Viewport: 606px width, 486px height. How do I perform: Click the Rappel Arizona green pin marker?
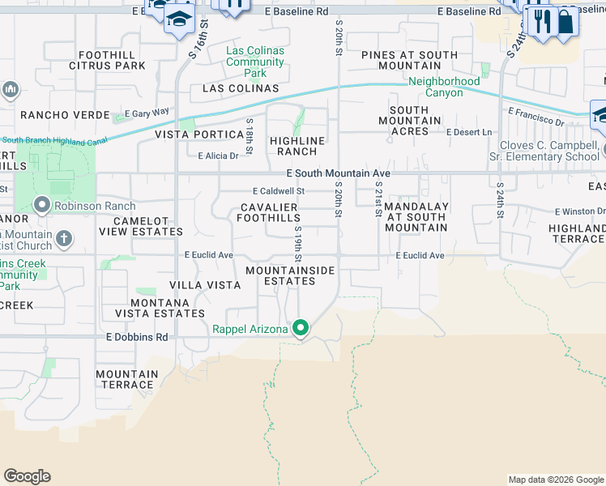[x=301, y=328]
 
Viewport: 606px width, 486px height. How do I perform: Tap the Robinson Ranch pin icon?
[x=43, y=205]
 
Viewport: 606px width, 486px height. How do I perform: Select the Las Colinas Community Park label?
[x=255, y=62]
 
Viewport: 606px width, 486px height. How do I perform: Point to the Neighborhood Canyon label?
[x=444, y=87]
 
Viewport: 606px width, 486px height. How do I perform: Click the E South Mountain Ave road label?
[x=339, y=173]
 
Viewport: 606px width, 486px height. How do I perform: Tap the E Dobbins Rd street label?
[x=137, y=336]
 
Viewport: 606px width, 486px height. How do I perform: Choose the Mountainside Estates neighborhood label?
[x=280, y=275]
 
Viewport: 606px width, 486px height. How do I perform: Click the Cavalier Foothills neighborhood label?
[x=270, y=213]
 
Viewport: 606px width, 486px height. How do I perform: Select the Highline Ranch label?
[x=297, y=146]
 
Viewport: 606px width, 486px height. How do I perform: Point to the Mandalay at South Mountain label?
[x=416, y=216]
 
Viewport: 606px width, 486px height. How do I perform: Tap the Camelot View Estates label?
[x=141, y=226]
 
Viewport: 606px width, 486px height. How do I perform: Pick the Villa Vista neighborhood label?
[x=205, y=285]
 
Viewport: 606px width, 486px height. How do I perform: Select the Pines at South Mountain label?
[x=409, y=60]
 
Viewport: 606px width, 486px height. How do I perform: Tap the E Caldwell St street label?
[x=278, y=191]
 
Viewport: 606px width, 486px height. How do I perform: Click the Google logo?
[x=27, y=476]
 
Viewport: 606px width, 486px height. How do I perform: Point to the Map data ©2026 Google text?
[x=555, y=480]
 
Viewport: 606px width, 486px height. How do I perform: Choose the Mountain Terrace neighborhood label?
[x=127, y=379]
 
